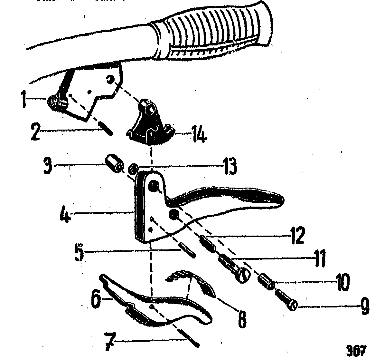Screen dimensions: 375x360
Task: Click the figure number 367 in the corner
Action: (356, 349)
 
